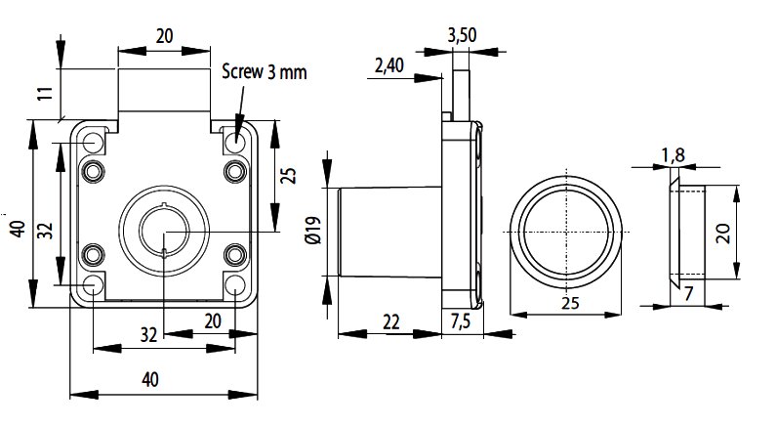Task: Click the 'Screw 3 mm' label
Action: point(263,71)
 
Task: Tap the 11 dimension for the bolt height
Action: point(43,96)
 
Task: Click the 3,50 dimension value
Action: point(461,35)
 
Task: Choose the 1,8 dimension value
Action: point(673,154)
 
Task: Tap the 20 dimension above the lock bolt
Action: point(164,35)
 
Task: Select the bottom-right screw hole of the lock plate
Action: point(235,286)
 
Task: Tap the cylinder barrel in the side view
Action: point(388,232)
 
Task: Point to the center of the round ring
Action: point(565,231)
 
